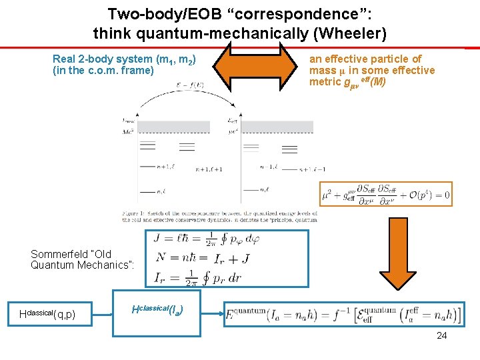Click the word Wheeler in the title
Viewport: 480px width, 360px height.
(353, 32)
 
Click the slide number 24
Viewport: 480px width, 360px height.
(441, 335)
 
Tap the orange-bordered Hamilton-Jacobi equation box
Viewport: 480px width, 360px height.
(385, 194)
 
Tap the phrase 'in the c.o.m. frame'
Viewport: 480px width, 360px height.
(103, 71)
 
